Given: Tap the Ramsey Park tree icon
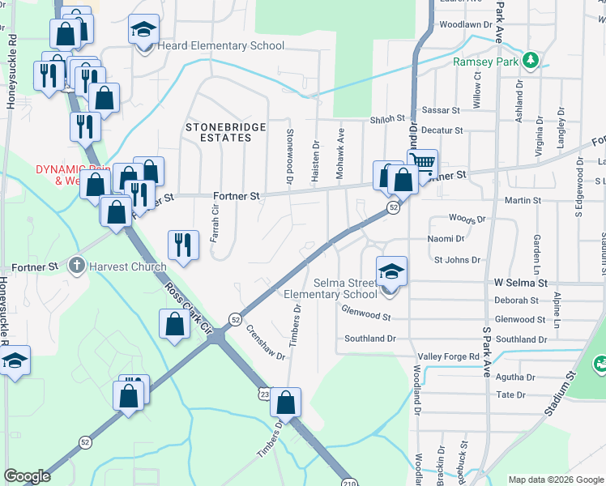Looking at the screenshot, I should click(531, 59).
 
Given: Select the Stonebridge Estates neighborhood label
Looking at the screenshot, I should click(219, 132).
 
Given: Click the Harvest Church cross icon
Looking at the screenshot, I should click(76, 265).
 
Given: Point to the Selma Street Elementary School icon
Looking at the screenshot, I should click(391, 271).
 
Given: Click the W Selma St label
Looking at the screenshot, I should click(520, 283).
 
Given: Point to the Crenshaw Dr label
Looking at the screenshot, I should click(266, 342).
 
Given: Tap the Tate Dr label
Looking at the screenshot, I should click(510, 395).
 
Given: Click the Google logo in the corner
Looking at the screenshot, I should click(28, 476).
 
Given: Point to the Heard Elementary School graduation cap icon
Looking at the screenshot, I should click(144, 31).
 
